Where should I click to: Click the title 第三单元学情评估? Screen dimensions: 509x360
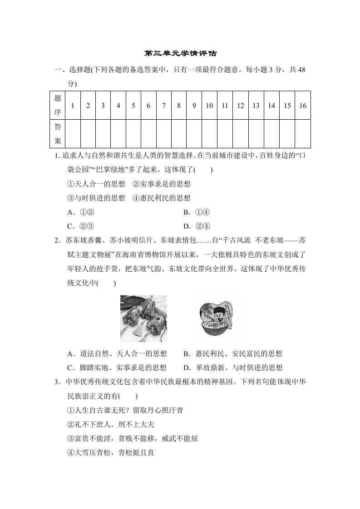click(180, 54)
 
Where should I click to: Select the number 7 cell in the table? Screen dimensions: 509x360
click(163, 106)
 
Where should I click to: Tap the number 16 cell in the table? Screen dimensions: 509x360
click(303, 106)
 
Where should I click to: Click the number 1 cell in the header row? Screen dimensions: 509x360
click(73, 106)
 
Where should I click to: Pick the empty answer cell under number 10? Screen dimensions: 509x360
click(209, 134)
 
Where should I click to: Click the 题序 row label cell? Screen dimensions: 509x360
click(57, 106)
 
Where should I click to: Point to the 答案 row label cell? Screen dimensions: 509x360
click(57, 134)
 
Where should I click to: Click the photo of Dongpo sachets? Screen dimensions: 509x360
click(143, 318)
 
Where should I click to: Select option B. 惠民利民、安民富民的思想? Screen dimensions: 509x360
click(233, 354)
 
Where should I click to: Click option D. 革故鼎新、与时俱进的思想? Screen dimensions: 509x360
click(233, 368)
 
